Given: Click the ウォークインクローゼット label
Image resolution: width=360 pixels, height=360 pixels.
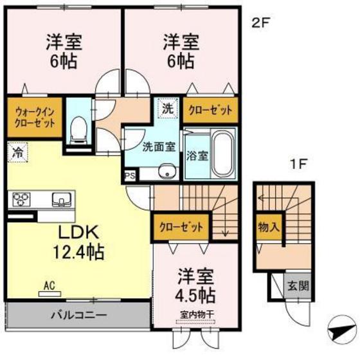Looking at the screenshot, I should point(34,117).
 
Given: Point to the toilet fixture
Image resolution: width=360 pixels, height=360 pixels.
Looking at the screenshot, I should point(78,128).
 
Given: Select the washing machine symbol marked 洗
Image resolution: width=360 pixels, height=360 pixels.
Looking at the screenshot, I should point(167,109).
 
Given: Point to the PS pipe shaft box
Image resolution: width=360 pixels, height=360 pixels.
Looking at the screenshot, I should point(129,174).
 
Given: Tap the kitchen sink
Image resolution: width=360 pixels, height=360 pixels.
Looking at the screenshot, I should point(59,199).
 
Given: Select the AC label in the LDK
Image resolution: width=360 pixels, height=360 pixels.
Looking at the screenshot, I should point(50,283).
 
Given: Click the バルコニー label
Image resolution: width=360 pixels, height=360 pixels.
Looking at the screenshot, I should point(78,316).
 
